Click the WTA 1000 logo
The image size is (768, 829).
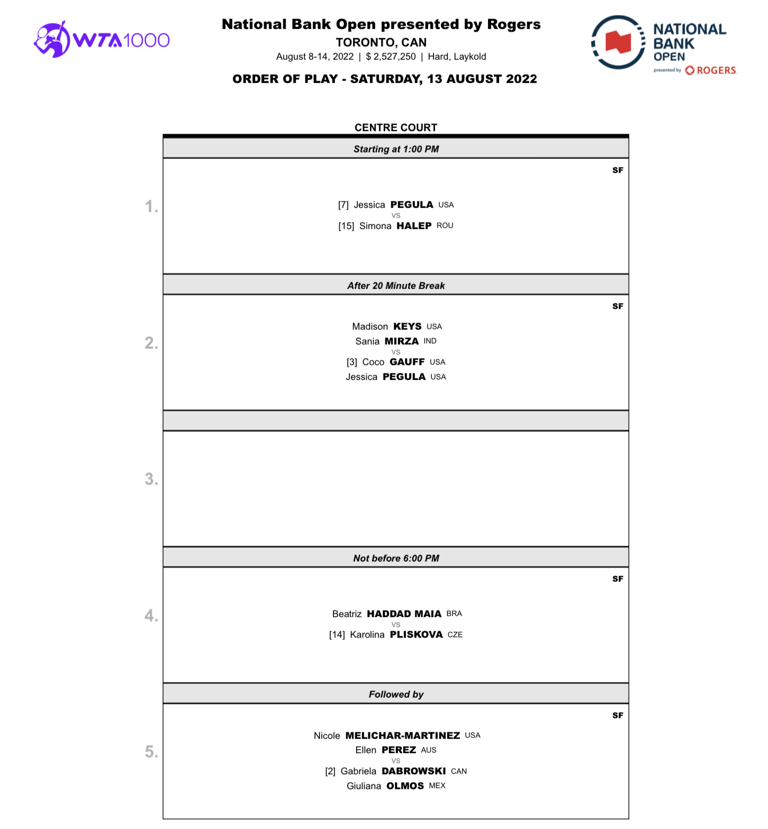coord(102,40)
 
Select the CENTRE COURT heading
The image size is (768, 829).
coord(396,128)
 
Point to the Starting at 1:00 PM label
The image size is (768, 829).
coord(396,149)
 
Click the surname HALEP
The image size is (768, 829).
coord(414,226)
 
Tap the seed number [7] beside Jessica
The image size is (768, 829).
coord(344,205)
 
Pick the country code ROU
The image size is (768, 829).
coord(445,226)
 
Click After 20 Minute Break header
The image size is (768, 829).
coord(396,286)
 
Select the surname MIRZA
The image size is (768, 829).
coord(401,341)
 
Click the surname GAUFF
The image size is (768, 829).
coord(407,362)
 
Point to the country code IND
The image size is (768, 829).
coord(430,341)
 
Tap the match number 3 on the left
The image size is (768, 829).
coord(151,480)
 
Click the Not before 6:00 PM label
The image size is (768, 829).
coord(396,558)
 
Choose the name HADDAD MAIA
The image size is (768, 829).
coord(404,614)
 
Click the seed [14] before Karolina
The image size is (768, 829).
coord(337,635)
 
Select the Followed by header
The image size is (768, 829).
coord(396,695)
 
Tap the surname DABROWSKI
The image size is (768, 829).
coord(413,771)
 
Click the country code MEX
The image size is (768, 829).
coord(437,786)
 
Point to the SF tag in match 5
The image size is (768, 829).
coord(618,716)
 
